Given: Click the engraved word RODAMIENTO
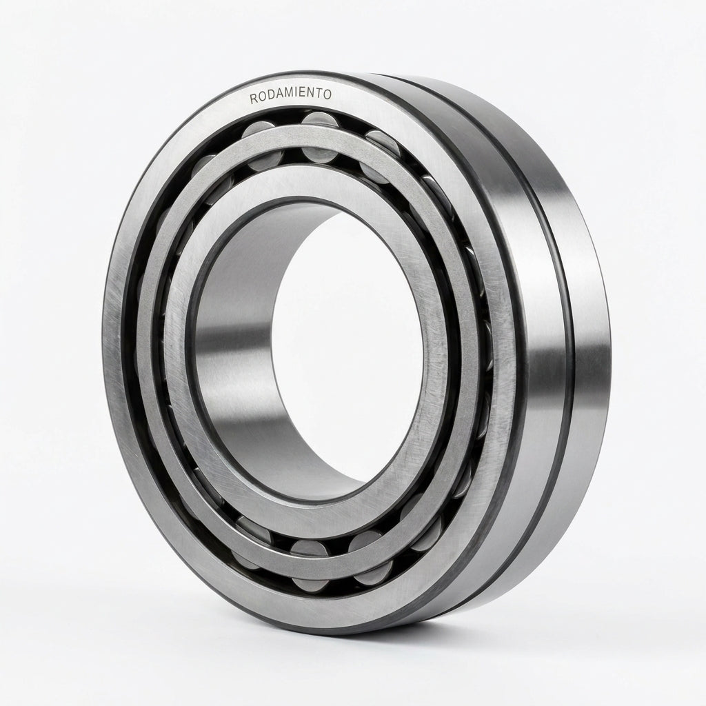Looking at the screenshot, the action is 291,96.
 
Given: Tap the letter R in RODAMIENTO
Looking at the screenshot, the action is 254,99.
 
